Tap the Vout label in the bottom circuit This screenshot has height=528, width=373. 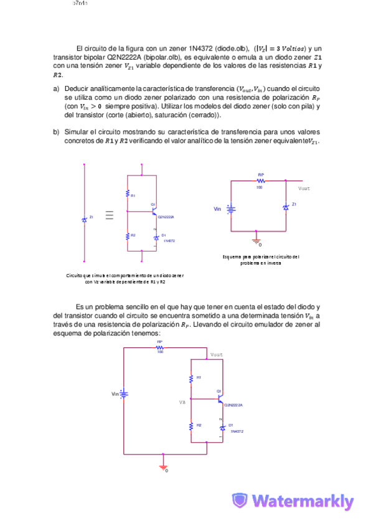click(x=216, y=354)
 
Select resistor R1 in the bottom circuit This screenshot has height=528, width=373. click(x=191, y=378)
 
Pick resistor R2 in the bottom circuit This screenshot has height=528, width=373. click(x=191, y=426)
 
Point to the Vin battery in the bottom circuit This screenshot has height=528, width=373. click(x=124, y=394)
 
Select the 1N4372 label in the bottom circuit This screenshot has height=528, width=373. click(x=236, y=431)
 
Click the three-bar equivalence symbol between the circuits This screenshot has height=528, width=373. click(x=110, y=215)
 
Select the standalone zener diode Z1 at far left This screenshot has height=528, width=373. click(x=84, y=219)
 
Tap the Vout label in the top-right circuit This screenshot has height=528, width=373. click(x=304, y=188)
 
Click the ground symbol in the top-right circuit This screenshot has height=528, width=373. click(x=256, y=238)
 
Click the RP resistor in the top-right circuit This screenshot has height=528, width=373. click(x=260, y=181)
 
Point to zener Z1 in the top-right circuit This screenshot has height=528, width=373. click(x=286, y=206)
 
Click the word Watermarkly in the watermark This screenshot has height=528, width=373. click(x=303, y=501)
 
